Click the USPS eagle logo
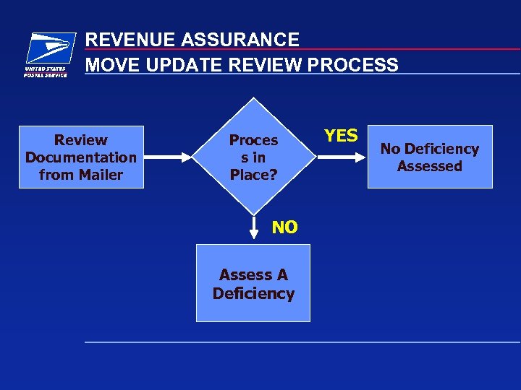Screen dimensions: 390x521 pos(49,49)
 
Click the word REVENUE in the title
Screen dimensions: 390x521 pos(126,40)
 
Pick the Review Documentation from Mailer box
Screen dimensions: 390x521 pos(81,157)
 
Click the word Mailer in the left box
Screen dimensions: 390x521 pos(101,175)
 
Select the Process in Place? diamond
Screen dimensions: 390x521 pos(253,157)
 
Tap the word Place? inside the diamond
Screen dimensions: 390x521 pos(253,175)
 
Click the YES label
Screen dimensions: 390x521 pos(341,136)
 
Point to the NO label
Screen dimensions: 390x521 pos(284,227)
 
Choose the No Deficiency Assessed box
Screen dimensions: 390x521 pos(430,157)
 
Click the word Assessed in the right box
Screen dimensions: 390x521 pos(430,166)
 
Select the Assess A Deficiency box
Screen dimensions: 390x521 pos(253,283)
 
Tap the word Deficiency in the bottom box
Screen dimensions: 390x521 pos(253,293)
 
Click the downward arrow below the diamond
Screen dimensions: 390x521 pos(254,227)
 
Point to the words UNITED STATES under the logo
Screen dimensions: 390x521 pos(46,69)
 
